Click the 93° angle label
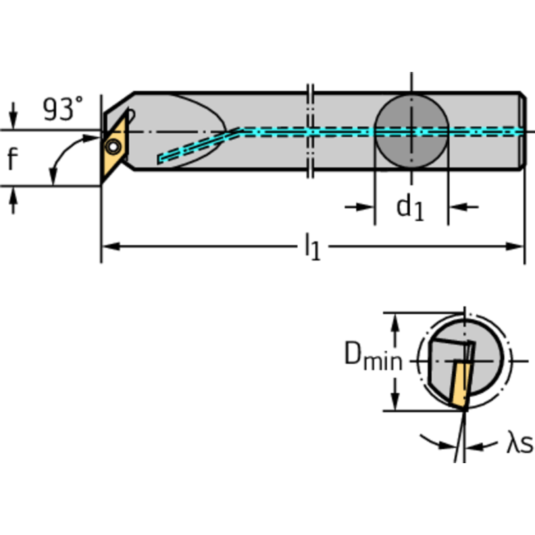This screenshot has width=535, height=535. coord(63,110)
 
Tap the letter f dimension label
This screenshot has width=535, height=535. coord(13,159)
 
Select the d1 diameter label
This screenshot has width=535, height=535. coord(410,207)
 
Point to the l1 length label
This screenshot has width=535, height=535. coord(312,248)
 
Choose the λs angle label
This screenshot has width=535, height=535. coord(519,444)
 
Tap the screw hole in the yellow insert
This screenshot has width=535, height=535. coord(112,147)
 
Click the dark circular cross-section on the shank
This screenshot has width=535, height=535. coord(411,130)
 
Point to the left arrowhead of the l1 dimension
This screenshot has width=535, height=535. coord(109,246)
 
